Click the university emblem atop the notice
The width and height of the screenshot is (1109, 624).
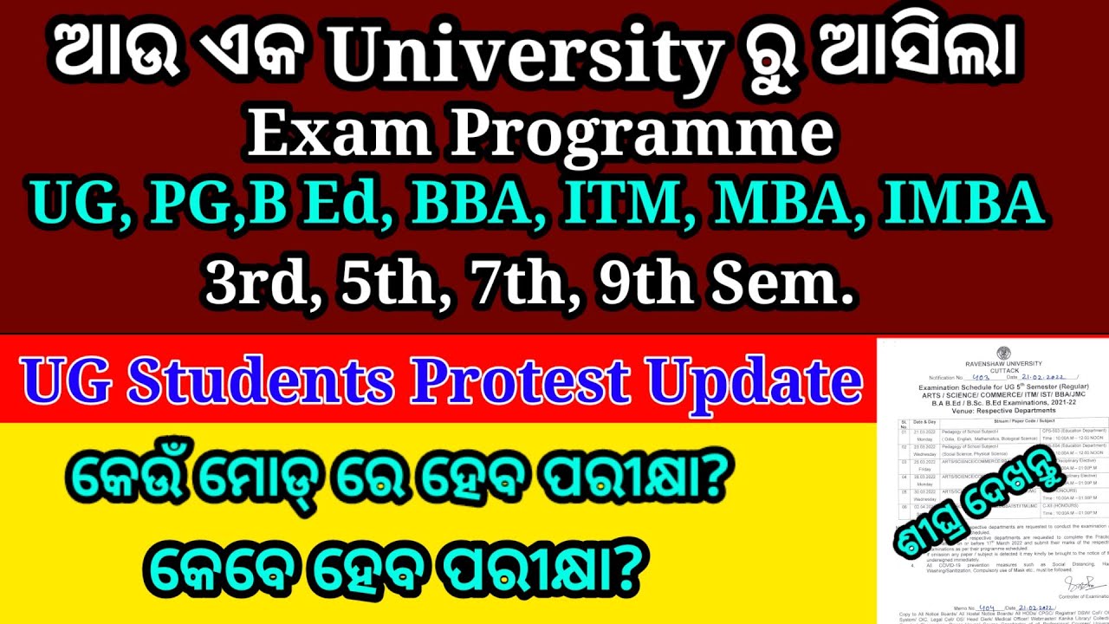tap(1003, 353)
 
